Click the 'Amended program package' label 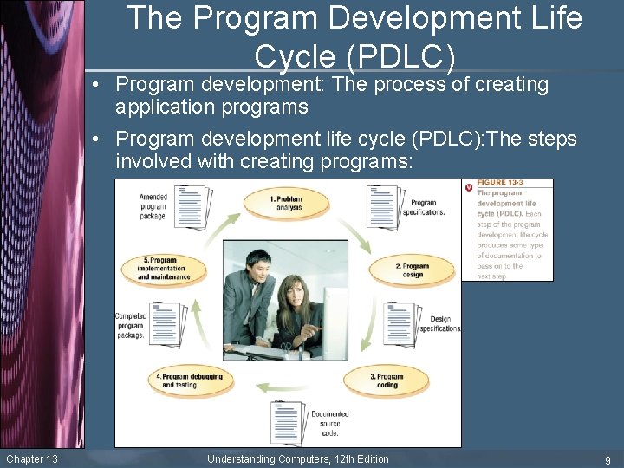153,206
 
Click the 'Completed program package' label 131,325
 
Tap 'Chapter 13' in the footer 32,459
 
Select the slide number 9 608,460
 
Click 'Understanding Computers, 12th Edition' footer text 297,459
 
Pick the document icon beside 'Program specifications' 382,206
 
